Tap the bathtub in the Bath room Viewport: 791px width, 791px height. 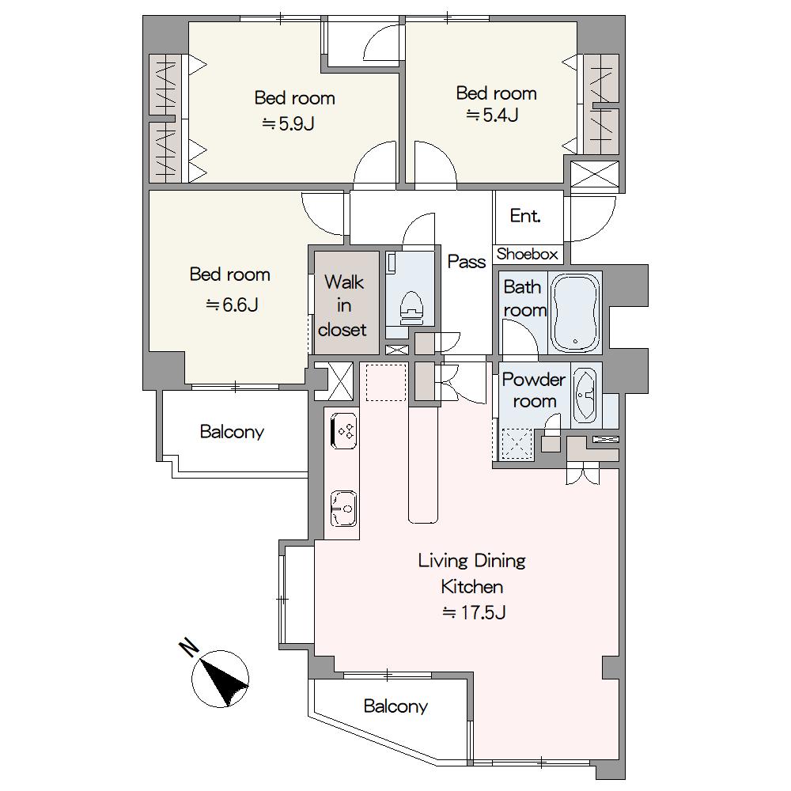pyautogui.click(x=574, y=312)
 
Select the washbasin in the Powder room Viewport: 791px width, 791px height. pyautogui.click(x=585, y=395)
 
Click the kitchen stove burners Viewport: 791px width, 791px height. pyautogui.click(x=345, y=430)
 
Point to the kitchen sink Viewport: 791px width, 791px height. pyautogui.click(x=343, y=509)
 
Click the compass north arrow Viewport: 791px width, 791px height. pyautogui.click(x=221, y=678)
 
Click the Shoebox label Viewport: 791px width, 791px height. pyautogui.click(x=527, y=254)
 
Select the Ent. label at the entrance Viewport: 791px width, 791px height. pyautogui.click(x=525, y=216)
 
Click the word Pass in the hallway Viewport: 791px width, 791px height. pyautogui.click(x=467, y=261)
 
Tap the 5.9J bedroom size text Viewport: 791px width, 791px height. pyautogui.click(x=288, y=123)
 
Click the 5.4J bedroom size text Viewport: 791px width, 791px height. pyautogui.click(x=492, y=115)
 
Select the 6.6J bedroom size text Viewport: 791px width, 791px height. pyautogui.click(x=232, y=305)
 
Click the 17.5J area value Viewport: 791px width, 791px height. pyautogui.click(x=474, y=612)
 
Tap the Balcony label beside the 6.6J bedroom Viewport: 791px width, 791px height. pyautogui.click(x=232, y=432)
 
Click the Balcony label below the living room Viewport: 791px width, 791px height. pyautogui.click(x=395, y=706)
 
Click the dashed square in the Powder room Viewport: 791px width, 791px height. pyautogui.click(x=516, y=444)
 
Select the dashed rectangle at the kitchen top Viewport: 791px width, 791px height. pyautogui.click(x=387, y=382)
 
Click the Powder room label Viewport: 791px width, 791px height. pyautogui.click(x=534, y=391)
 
